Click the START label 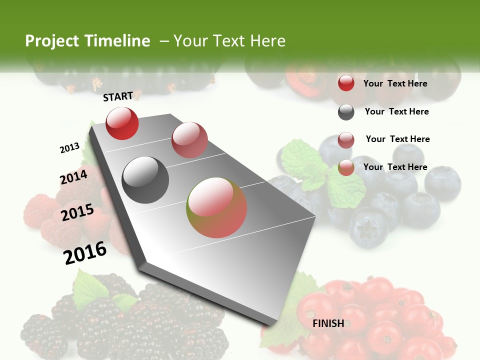[x=118, y=96]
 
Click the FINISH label [x=328, y=323]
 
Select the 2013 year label [x=69, y=148]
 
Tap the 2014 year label [x=73, y=177]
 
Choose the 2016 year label [x=85, y=252]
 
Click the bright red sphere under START [x=122, y=123]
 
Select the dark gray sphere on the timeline [x=145, y=180]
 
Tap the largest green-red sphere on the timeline [x=216, y=207]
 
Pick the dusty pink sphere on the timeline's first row [x=189, y=140]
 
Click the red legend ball [x=346, y=83]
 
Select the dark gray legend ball [x=346, y=112]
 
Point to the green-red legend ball [x=346, y=167]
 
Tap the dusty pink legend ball [x=346, y=140]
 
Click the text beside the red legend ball [x=395, y=83]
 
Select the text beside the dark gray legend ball [x=396, y=111]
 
